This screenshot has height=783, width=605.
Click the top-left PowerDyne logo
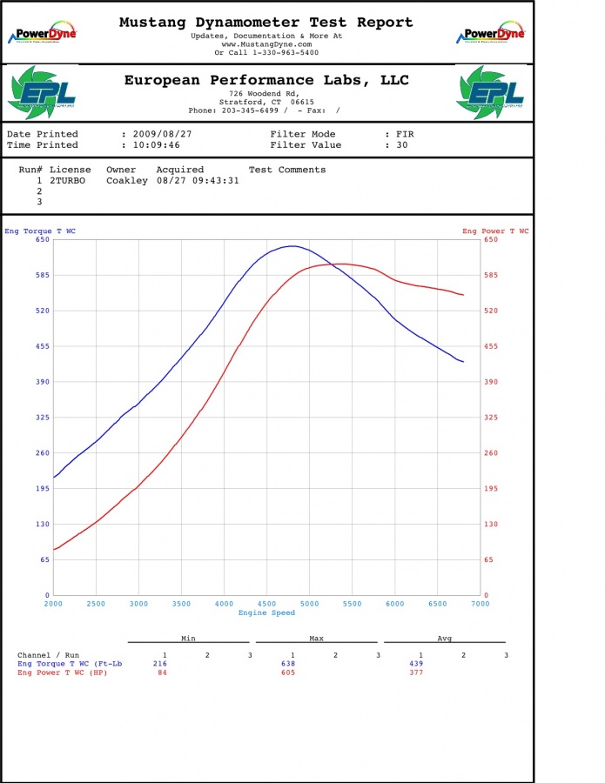(43, 32)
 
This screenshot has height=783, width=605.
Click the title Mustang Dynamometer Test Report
(266, 23)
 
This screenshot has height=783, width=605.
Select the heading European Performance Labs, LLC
(266, 80)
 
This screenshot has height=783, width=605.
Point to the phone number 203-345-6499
(250, 110)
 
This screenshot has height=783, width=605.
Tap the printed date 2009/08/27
(163, 134)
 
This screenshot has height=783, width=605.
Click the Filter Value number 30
(402, 144)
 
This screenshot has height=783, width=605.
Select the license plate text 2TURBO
(67, 180)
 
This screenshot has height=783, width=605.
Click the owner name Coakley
(127, 181)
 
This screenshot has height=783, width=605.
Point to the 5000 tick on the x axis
(309, 604)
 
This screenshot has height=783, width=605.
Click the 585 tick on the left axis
(43, 275)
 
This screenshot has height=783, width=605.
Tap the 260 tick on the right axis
(491, 453)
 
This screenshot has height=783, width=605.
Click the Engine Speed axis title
(266, 612)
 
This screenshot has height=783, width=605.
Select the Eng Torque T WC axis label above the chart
(40, 231)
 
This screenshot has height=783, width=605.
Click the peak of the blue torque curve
(292, 245)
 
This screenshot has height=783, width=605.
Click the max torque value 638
(288, 664)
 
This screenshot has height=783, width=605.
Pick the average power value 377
(416, 673)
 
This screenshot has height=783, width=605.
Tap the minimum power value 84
(163, 673)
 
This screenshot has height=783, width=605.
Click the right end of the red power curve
(464, 295)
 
